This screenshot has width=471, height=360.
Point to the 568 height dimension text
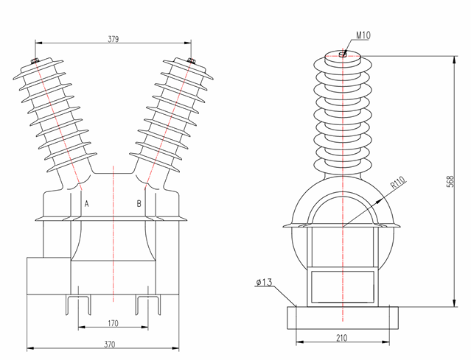(x=450, y=182)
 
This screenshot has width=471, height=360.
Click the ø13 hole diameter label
(x=265, y=282)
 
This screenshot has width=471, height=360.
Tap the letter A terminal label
(x=87, y=203)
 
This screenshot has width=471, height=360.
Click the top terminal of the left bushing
(x=35, y=62)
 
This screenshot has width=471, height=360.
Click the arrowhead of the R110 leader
(x=346, y=224)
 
